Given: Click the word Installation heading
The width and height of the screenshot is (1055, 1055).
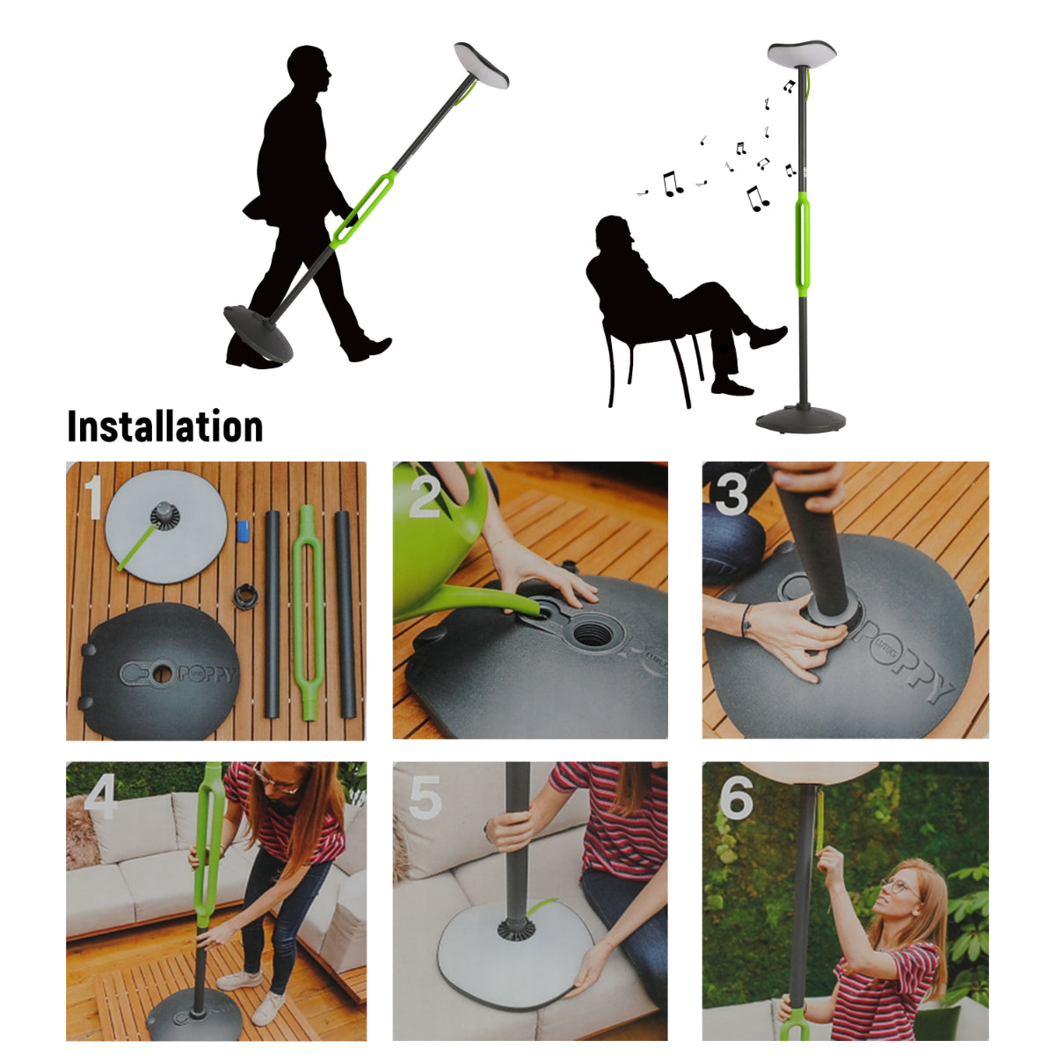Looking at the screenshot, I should click(165, 426).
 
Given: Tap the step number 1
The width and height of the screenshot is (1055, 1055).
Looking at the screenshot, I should click(94, 497).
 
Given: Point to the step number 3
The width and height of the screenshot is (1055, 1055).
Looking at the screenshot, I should click(732, 494).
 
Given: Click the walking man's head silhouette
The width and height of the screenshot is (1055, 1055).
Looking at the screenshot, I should click(308, 70).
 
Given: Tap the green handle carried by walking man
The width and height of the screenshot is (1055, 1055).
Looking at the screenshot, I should click(362, 211).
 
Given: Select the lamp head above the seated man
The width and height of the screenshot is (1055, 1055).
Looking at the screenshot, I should click(801, 55).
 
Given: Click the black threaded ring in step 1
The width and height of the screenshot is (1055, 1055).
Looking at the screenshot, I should click(245, 594).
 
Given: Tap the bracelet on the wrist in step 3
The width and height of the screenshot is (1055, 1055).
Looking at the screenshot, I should click(746, 621).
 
